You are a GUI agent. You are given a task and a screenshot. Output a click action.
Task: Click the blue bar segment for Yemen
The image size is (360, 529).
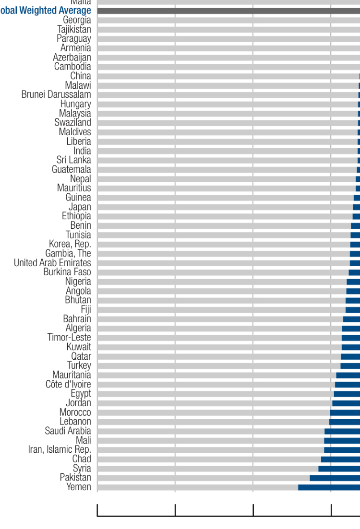329,487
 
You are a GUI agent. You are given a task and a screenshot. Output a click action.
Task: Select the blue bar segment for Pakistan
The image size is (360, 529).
335,478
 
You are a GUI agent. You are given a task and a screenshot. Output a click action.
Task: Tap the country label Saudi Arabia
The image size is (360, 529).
68,431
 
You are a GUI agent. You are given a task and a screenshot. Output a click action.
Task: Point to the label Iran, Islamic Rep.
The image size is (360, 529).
60,449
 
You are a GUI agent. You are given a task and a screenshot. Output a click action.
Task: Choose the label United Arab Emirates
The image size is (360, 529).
52,263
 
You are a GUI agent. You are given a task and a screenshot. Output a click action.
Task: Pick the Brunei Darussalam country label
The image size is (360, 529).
56,94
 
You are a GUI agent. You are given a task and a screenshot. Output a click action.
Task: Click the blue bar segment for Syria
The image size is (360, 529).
339,469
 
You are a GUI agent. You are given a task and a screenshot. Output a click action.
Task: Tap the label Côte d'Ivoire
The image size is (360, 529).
68,384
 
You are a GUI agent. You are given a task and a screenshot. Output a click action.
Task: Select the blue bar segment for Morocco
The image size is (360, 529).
345,412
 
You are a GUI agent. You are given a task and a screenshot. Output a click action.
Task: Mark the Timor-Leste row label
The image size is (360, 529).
69,337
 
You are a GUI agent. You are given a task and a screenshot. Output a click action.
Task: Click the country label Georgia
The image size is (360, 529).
77,20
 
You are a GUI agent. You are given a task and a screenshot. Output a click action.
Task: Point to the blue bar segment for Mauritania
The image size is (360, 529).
348,375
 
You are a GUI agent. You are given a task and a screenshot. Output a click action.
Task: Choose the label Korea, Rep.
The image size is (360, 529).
70,244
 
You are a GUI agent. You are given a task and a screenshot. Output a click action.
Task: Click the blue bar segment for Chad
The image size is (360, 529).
340,459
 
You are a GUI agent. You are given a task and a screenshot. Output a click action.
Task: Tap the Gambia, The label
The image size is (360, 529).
68,253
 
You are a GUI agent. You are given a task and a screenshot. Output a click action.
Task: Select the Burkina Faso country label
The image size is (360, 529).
67,272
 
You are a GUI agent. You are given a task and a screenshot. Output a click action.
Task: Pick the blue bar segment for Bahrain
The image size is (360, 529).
351,319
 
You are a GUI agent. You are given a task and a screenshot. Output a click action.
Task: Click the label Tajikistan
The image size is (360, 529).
74,29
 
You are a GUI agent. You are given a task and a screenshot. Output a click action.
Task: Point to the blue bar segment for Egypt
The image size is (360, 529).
347,394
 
